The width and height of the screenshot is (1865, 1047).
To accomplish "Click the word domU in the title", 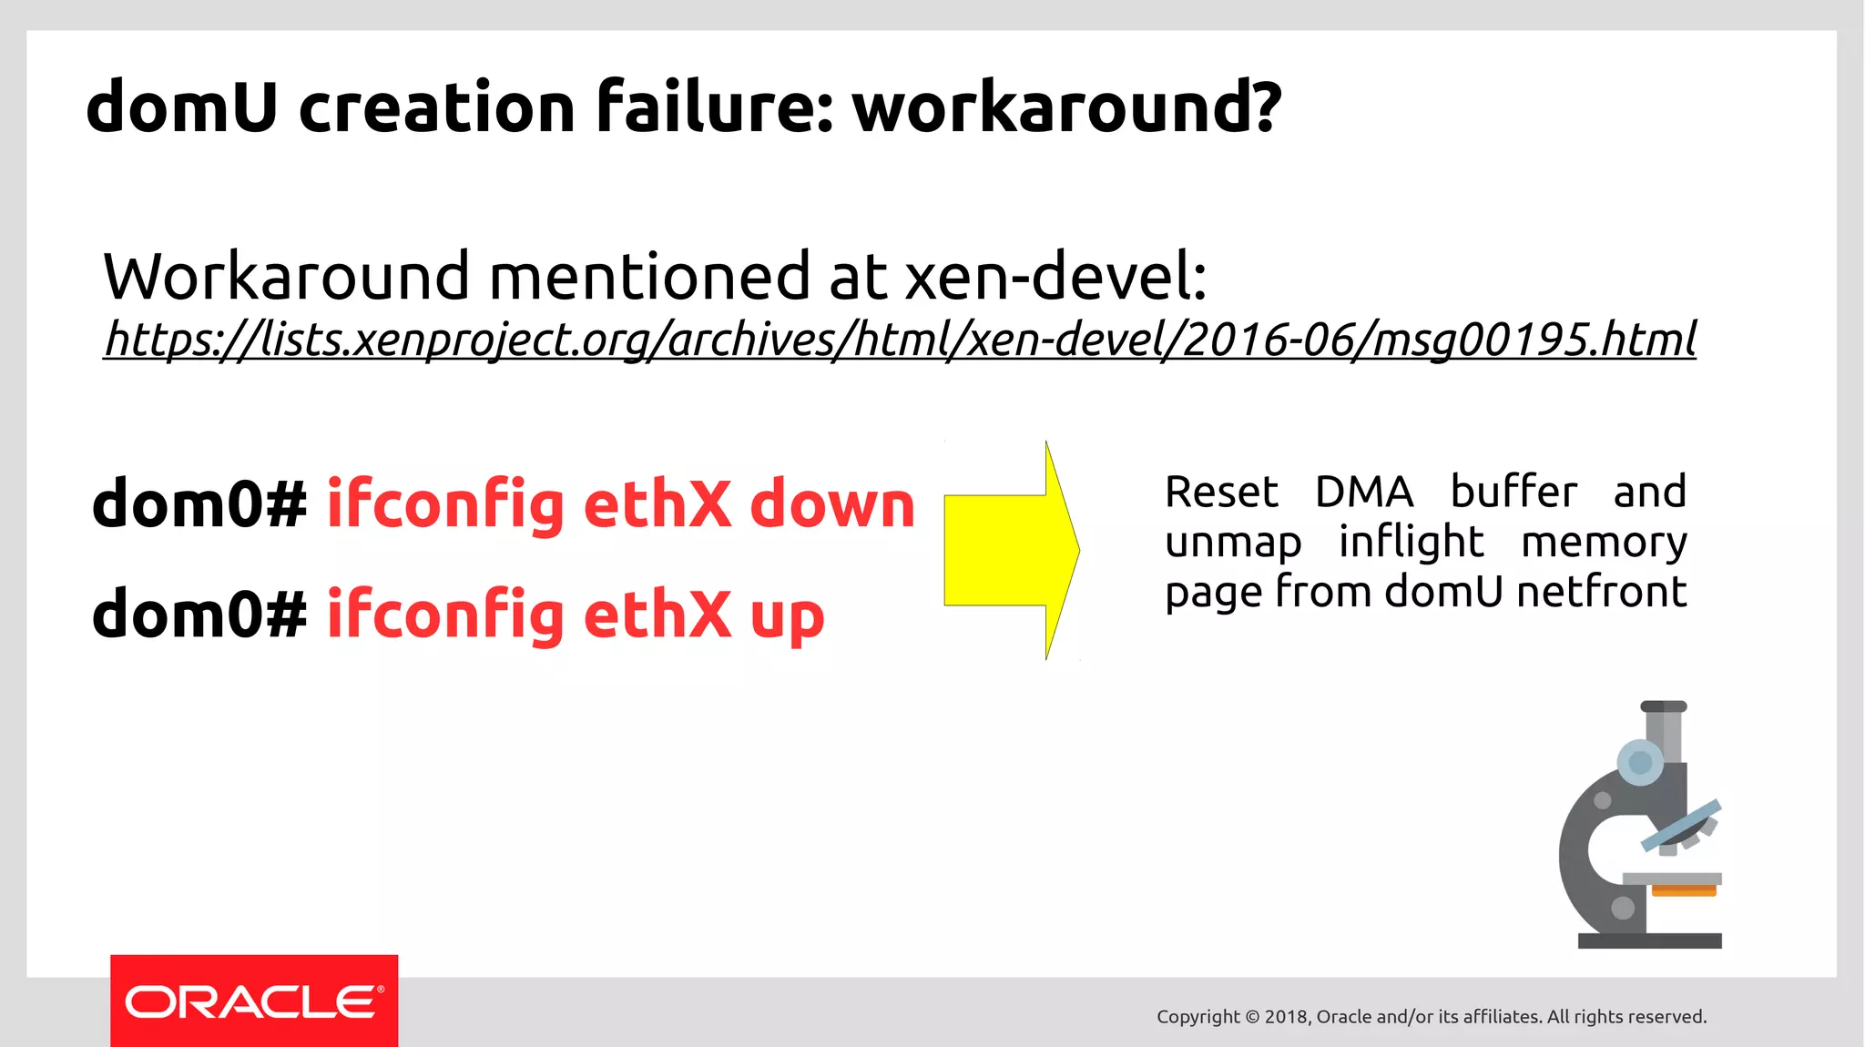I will click(181, 107).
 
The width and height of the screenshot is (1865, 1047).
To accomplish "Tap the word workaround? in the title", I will click(1066, 107).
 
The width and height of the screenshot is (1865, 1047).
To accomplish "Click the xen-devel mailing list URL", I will click(899, 340).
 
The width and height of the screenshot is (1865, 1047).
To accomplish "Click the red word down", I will click(831, 504).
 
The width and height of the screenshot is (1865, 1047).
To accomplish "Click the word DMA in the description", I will click(1363, 493).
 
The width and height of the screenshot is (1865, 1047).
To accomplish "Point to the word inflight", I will click(1411, 543).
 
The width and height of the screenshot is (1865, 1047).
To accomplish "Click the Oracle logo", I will click(254, 1001).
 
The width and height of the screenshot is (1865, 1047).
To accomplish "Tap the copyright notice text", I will click(1431, 1017).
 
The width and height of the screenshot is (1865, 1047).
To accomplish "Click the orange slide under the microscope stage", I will click(1683, 890).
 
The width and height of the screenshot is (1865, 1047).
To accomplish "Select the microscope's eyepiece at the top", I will click(1663, 707).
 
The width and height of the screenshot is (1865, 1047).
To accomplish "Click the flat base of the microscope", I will click(1649, 940).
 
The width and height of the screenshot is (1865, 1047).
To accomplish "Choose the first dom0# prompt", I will click(199, 504).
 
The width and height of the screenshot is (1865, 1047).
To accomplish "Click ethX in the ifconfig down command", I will click(657, 504).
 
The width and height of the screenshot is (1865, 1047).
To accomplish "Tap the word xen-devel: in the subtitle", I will click(1055, 277).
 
